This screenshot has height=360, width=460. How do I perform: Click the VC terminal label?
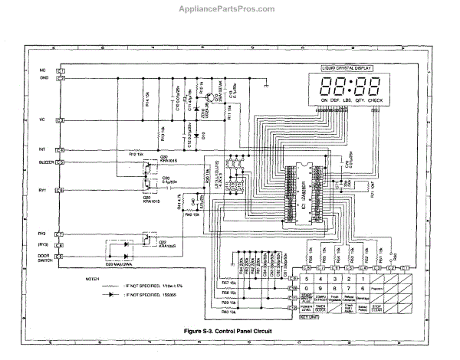[43, 120]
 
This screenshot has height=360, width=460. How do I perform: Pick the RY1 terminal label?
[43, 189]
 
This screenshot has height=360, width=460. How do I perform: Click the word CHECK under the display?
[376, 101]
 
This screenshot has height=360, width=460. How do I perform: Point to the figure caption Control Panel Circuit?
[230, 331]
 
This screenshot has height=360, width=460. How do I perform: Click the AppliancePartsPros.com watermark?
[230, 8]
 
